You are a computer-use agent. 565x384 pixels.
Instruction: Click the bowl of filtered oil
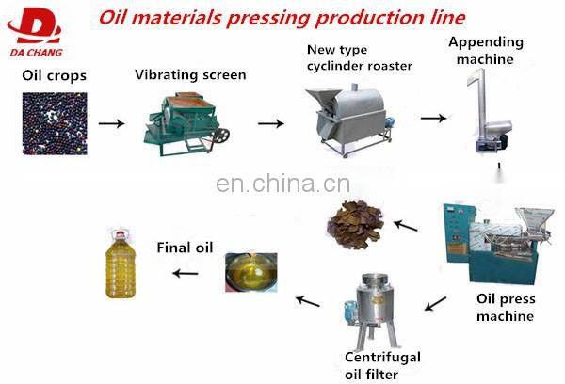click(x=250, y=273)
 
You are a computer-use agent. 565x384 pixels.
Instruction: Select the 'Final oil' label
click(x=184, y=248)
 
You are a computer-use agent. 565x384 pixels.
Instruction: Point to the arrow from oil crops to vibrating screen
click(x=110, y=123)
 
